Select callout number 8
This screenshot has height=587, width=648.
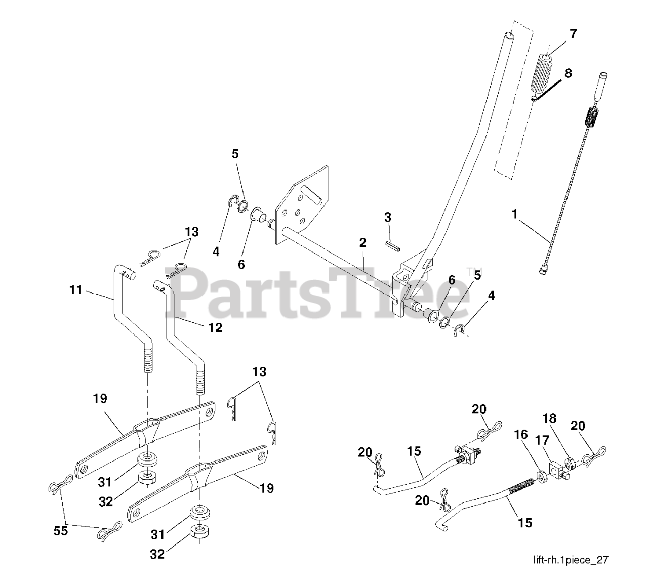tap(568, 73)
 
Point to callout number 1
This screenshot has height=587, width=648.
tap(515, 214)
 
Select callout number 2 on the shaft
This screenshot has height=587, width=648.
tap(362, 242)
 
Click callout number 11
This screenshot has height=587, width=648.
tap(75, 290)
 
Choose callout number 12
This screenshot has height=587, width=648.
tap(215, 328)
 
